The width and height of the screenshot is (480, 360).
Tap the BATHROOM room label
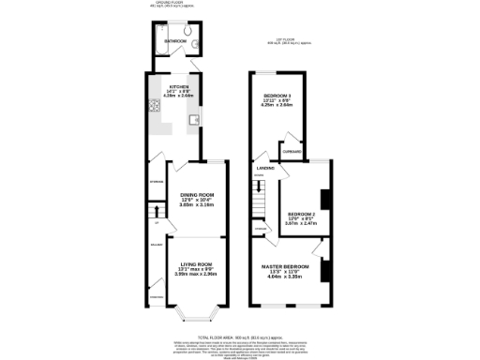175,42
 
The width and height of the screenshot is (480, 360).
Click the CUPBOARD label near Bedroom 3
292,151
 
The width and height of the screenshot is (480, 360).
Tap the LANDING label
265,169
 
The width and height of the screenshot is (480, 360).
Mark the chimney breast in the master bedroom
323,270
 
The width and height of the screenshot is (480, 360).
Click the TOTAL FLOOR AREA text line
239,336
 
